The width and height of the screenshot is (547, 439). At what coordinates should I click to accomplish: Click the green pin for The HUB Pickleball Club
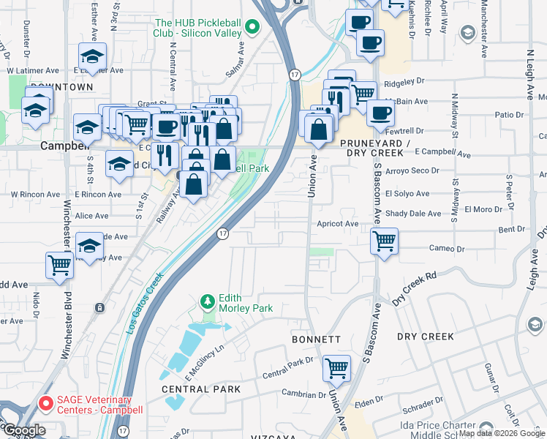click(252, 29)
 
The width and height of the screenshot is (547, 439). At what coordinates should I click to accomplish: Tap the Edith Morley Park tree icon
click(208, 301)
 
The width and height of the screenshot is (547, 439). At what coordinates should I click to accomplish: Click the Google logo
click(23, 430)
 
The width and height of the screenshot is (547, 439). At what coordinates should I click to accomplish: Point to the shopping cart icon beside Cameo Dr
click(384, 241)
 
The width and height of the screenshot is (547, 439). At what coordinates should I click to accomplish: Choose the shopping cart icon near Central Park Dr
click(336, 367)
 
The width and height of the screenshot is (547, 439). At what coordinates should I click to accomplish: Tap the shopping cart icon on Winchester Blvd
click(60, 265)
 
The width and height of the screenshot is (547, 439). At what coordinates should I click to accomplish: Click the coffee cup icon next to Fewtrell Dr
click(380, 113)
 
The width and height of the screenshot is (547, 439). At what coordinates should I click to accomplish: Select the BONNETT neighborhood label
click(316, 339)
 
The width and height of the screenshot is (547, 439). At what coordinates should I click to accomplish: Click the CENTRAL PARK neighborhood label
click(201, 389)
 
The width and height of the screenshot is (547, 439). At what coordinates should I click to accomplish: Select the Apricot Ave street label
click(337, 224)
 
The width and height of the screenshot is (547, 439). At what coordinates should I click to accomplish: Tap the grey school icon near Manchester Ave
click(467, 33)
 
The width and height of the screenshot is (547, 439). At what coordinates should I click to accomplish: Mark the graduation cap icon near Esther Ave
click(92, 56)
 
